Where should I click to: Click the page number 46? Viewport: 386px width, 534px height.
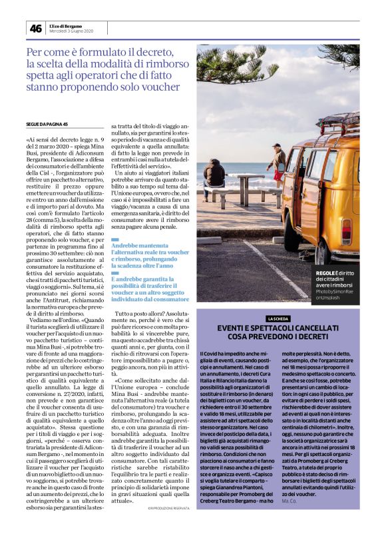coord(35,28)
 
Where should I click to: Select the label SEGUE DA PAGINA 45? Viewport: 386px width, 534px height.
coord(47,124)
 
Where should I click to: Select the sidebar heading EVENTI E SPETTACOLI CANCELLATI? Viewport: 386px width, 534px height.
coord(278,330)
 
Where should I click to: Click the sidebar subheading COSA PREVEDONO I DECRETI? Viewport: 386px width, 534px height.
coord(278,340)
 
